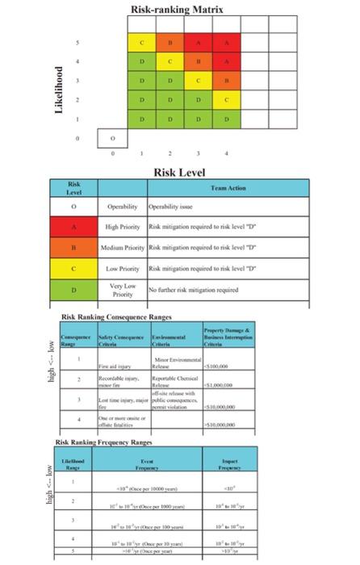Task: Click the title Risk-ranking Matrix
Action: [x=177, y=10]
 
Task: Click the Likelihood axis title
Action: [x=58, y=90]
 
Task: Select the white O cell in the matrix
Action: [x=113, y=138]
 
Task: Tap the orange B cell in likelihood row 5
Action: [x=170, y=42]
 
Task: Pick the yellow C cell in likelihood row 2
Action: [x=227, y=99]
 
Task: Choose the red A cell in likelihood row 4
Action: [x=227, y=61]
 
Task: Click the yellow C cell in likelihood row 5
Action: [x=141, y=42]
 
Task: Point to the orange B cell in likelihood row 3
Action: [x=227, y=80]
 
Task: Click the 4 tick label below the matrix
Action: [x=226, y=152]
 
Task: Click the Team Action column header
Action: [x=228, y=187]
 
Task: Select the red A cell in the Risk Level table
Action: [x=74, y=227]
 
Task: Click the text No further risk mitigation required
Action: [x=192, y=288]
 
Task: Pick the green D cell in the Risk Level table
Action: [x=74, y=288]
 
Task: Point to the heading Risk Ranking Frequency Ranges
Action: [x=106, y=442]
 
